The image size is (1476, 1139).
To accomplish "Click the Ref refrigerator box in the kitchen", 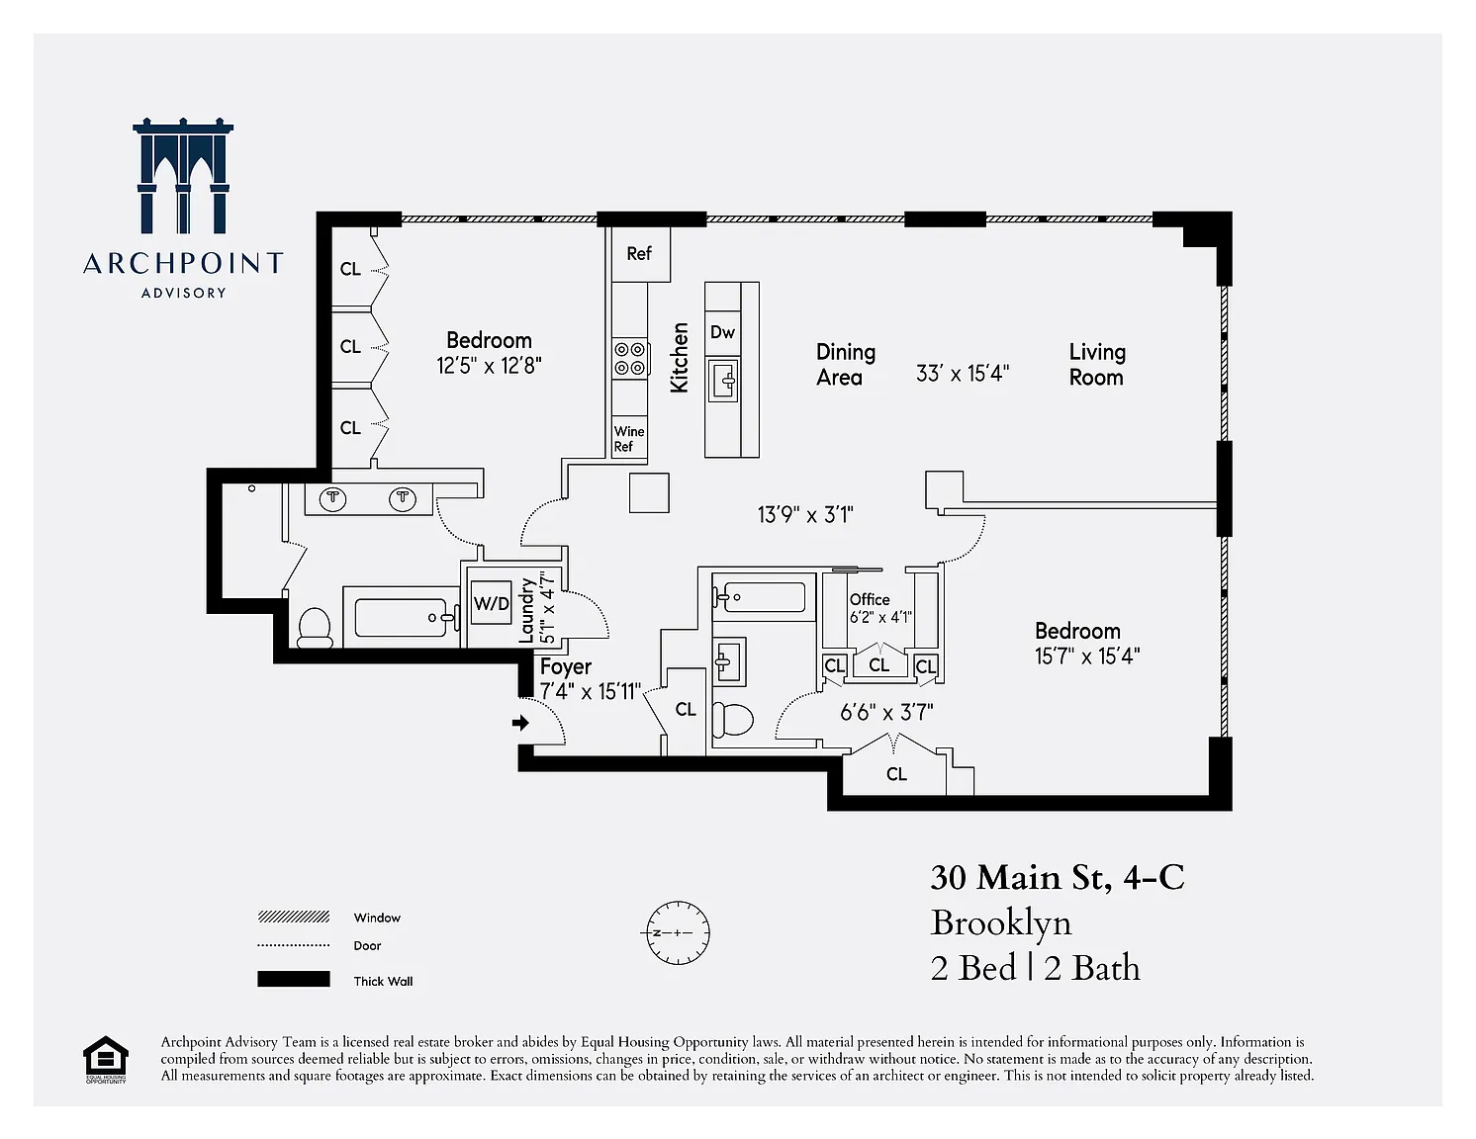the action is tap(640, 254).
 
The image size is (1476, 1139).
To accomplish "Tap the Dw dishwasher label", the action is tap(722, 332).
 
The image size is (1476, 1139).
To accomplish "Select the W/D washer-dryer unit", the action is tap(491, 603).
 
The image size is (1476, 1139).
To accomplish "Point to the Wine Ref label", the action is tap(629, 438).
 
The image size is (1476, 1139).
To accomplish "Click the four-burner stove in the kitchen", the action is tap(629, 358).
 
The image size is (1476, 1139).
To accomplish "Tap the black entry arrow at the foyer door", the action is tap(520, 723).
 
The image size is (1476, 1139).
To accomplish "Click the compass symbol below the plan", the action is tap(678, 932).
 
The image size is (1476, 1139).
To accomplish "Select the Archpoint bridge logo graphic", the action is tap(183, 175).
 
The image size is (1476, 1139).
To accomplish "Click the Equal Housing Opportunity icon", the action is tap(105, 1059).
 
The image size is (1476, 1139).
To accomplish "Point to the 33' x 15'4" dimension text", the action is tap(963, 374).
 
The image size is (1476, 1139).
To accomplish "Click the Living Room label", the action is tap(1097, 365).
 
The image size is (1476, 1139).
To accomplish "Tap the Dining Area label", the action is tap(846, 365).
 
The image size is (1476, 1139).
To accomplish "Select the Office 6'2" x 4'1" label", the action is tap(880, 608).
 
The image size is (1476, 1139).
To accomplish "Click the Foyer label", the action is tap(566, 666).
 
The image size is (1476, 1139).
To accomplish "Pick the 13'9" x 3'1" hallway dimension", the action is tap(805, 514).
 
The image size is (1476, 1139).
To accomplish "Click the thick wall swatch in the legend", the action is tap(294, 979).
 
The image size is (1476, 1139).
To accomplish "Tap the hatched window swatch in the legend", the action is tap(294, 918).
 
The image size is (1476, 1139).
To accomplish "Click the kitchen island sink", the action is tap(723, 380).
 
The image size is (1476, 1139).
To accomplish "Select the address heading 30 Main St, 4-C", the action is tap(1057, 878).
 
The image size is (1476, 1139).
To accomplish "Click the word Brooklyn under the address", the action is tap(1000, 923).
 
